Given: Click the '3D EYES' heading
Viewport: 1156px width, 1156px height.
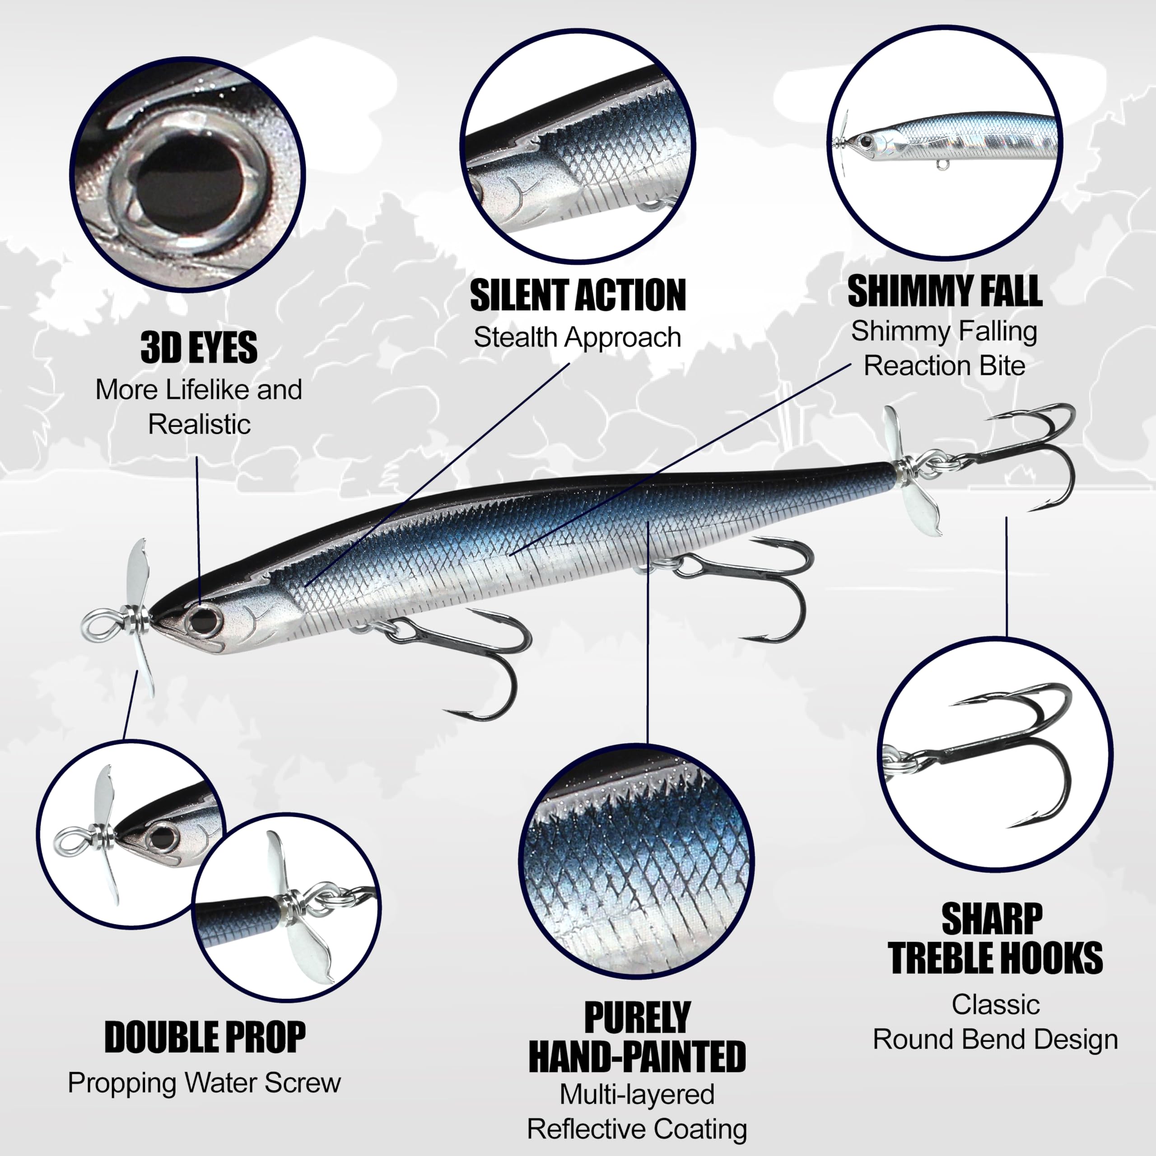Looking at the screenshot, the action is pyautogui.click(x=199, y=348).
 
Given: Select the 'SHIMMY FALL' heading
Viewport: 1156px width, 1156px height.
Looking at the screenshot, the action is pyautogui.click(x=945, y=291).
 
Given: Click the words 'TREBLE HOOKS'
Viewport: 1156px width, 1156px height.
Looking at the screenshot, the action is pyautogui.click(x=995, y=958).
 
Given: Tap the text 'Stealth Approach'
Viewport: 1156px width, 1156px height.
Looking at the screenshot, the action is pyautogui.click(x=578, y=337).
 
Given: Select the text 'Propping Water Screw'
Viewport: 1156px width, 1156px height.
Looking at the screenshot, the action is pyautogui.click(x=204, y=1082).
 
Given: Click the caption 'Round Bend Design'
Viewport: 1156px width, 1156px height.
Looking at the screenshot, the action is pyautogui.click(x=995, y=1039).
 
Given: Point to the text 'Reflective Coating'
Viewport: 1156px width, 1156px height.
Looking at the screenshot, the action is pyautogui.click(x=637, y=1129).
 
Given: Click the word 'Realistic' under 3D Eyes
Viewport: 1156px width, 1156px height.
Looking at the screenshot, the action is pyautogui.click(x=199, y=425).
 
